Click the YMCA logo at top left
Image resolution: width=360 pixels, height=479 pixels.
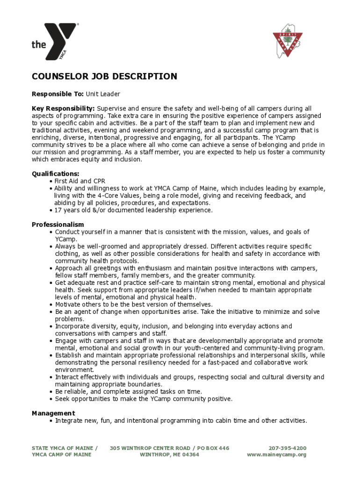(54, 42)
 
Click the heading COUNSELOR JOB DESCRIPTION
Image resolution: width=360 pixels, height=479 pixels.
(104, 77)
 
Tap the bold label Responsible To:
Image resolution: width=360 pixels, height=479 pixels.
(58, 94)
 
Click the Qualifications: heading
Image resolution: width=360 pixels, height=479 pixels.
(55, 174)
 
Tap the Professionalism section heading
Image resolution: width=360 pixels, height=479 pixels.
(58, 225)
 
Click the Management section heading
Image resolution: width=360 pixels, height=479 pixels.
(53, 413)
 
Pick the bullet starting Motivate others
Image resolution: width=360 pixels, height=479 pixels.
(134, 305)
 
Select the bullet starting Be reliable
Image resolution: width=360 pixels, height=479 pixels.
(129, 392)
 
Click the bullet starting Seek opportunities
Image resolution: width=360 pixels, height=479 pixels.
(144, 399)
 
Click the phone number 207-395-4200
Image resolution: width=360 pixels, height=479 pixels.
(288, 448)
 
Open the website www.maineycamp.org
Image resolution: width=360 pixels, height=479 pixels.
(276, 455)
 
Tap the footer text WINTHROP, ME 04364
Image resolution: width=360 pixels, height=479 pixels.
(169, 455)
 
